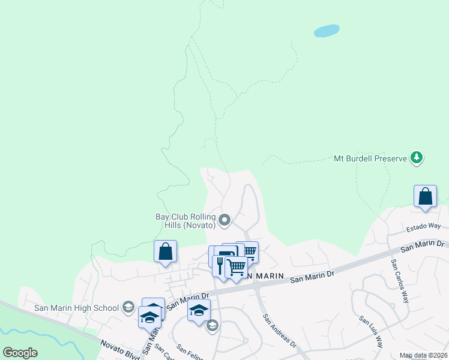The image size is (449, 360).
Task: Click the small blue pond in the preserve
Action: [x=326, y=31]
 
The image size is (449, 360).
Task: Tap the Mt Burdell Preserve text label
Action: [x=370, y=159]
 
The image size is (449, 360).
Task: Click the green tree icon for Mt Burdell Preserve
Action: [x=416, y=158]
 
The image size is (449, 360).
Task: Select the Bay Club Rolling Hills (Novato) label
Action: [x=185, y=220]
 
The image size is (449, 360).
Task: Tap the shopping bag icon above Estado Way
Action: [x=425, y=196]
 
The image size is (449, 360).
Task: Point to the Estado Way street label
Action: [x=423, y=227]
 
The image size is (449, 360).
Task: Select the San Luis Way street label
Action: [x=371, y=332]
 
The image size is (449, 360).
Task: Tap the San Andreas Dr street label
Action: [x=279, y=331]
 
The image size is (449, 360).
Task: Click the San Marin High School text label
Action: [x=76, y=308]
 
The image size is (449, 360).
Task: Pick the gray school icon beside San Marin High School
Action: [x=127, y=308]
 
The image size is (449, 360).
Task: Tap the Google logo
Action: [x=20, y=353]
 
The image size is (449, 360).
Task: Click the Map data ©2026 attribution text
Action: [x=423, y=355]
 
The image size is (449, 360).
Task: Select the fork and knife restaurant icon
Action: [x=220, y=265]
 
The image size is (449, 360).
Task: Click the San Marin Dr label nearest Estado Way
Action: [x=422, y=245]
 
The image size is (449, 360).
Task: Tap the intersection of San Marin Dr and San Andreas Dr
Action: [x=256, y=287]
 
